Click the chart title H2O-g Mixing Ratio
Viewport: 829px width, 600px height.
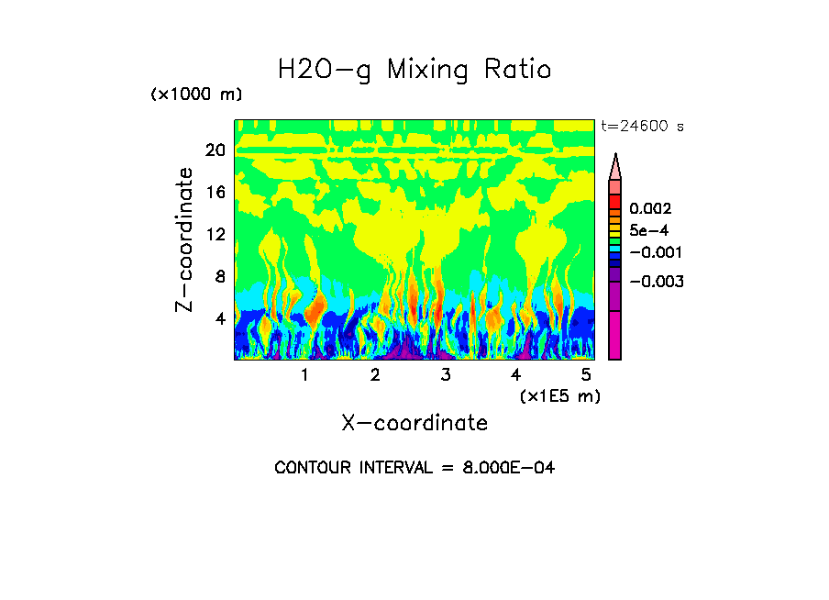click(x=414, y=70)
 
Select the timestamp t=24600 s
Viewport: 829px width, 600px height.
click(x=642, y=127)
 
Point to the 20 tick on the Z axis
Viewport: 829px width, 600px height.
click(x=216, y=150)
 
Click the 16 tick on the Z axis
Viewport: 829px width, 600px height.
click(x=216, y=193)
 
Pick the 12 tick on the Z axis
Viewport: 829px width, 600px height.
click(x=216, y=235)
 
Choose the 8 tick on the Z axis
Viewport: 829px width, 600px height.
click(x=219, y=277)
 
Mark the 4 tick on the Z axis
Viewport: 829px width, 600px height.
click(x=219, y=319)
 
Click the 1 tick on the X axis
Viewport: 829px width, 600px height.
click(x=304, y=375)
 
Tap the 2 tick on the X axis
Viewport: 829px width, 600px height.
click(x=375, y=375)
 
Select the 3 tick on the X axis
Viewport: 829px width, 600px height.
click(x=446, y=375)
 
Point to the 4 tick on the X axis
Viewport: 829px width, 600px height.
click(x=516, y=375)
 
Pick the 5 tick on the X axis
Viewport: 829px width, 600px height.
click(x=586, y=375)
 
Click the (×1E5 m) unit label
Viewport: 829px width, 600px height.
click(x=559, y=396)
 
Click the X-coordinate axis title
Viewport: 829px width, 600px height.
click(x=414, y=423)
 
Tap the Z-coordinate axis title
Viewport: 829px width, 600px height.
click(x=185, y=240)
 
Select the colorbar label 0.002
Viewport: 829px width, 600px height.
click(x=651, y=210)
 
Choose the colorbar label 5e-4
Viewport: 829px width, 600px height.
click(x=648, y=231)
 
